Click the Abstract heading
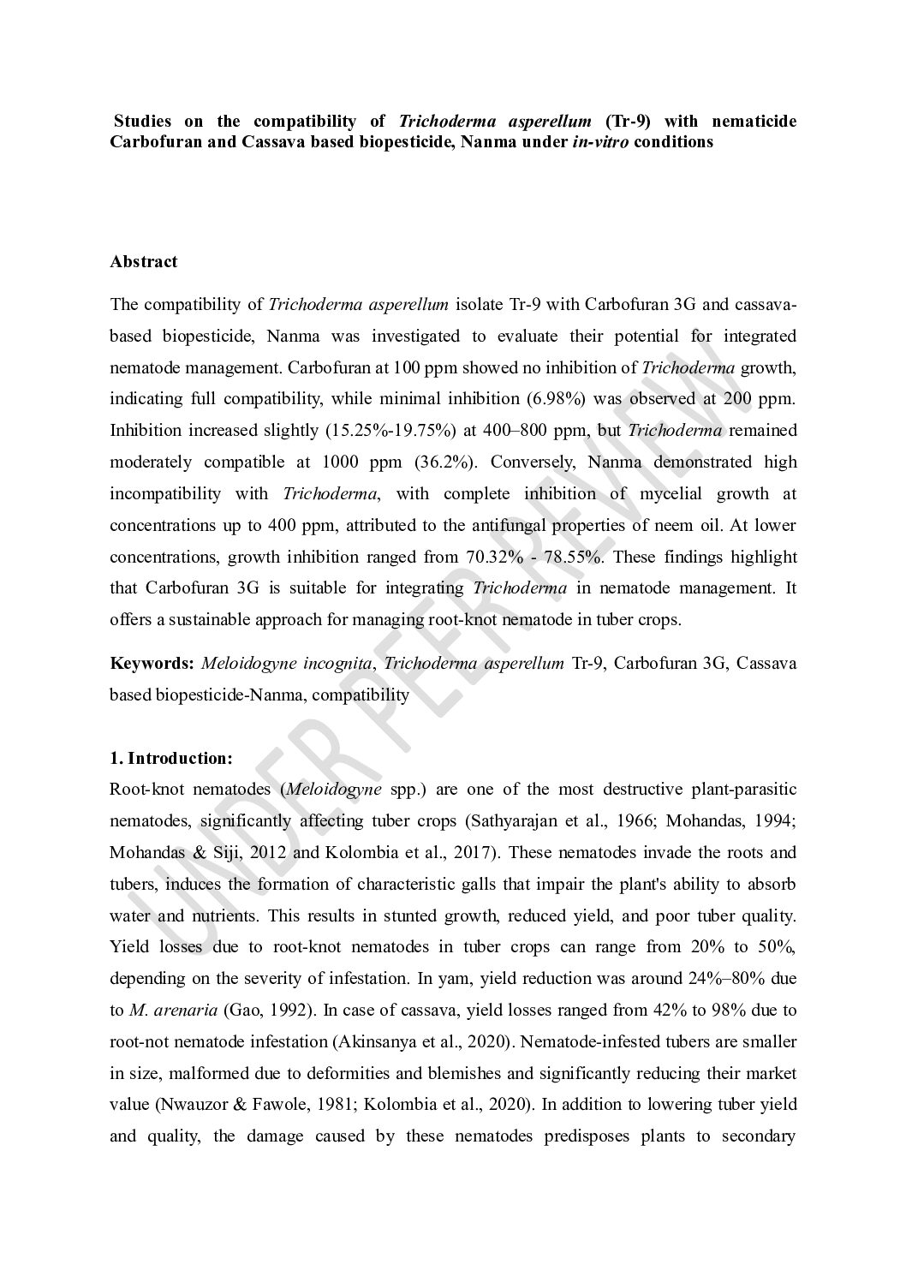[143, 262]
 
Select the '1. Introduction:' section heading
[170, 758]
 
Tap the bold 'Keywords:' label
[151, 664]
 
